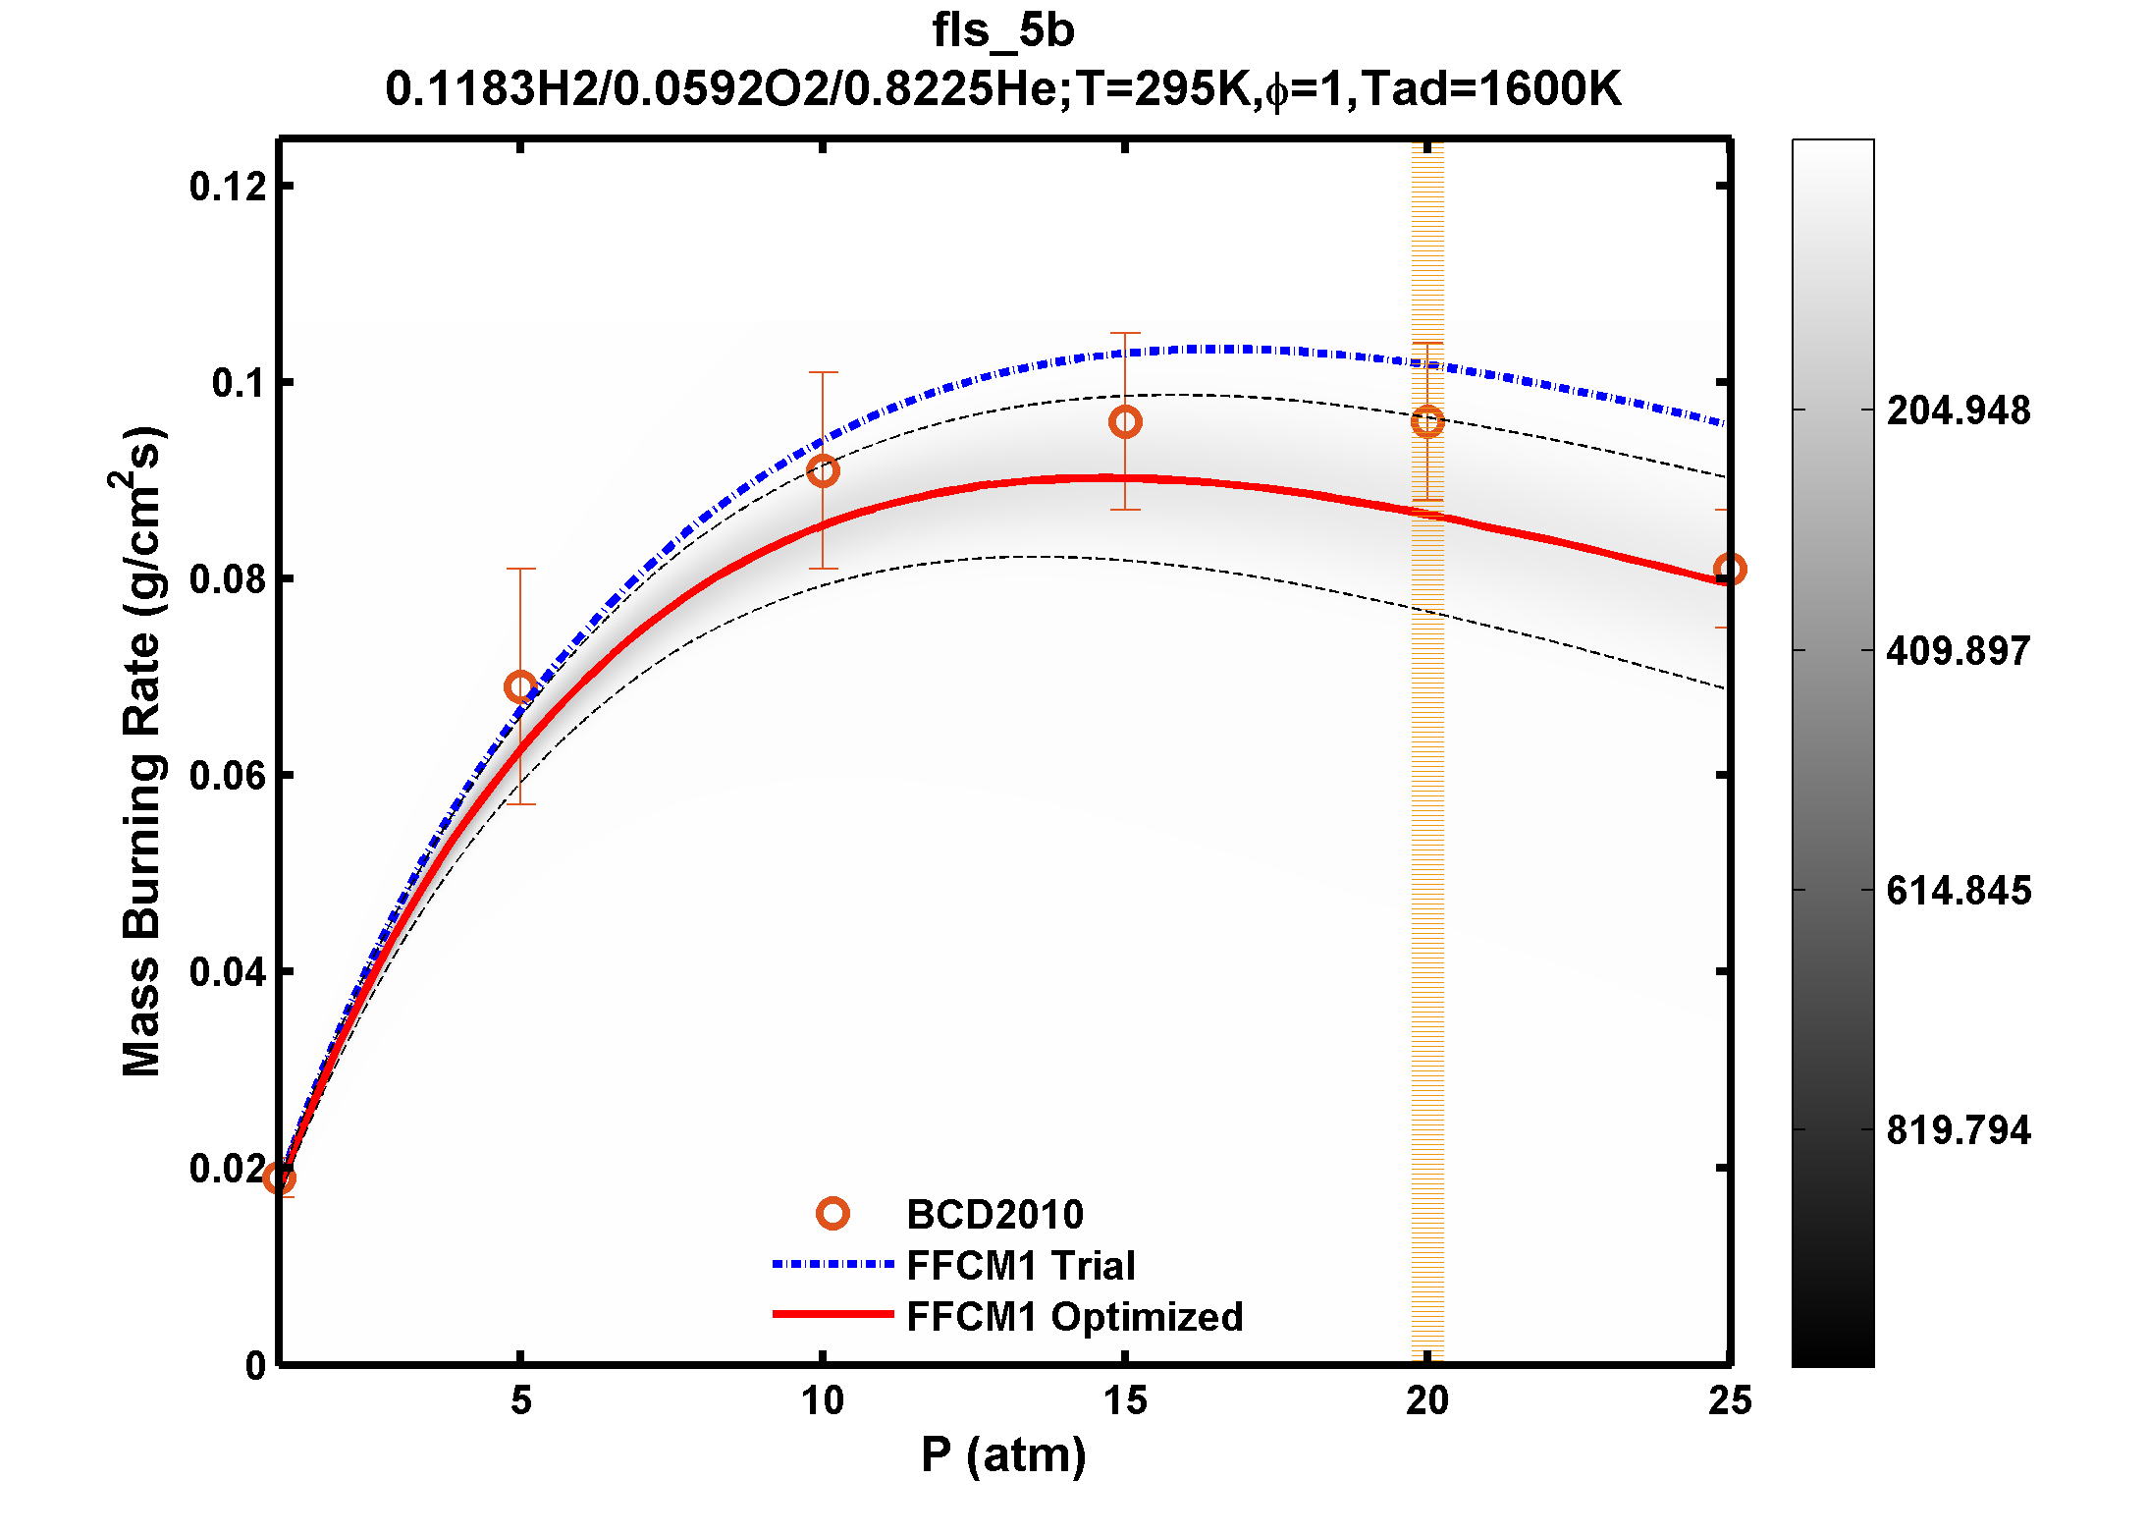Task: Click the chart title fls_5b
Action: pyautogui.click(x=1002, y=31)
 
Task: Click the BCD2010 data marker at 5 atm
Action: pyautogui.click(x=520, y=686)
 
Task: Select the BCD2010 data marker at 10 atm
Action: pyautogui.click(x=823, y=470)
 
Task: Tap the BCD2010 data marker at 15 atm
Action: pyautogui.click(x=1125, y=422)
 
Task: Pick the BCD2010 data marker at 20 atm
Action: pyautogui.click(x=1427, y=422)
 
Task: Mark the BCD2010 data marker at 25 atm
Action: pyautogui.click(x=1729, y=569)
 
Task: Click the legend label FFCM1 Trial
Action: pyautogui.click(x=1020, y=1266)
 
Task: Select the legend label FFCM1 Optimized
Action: pyautogui.click(x=1074, y=1317)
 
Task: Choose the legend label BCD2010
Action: pyautogui.click(x=994, y=1215)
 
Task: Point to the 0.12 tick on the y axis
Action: pyautogui.click(x=228, y=187)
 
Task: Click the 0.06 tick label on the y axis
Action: pyautogui.click(x=228, y=776)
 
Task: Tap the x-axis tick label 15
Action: pyautogui.click(x=1125, y=1400)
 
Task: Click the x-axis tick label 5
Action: pyautogui.click(x=520, y=1400)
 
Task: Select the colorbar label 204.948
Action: pyautogui.click(x=1958, y=411)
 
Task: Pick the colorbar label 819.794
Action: pyautogui.click(x=1958, y=1130)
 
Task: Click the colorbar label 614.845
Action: pyautogui.click(x=1958, y=891)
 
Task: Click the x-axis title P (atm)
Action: pyautogui.click(x=1002, y=1454)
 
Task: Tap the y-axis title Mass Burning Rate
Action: pyautogui.click(x=142, y=751)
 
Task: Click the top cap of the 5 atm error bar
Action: pyautogui.click(x=520, y=569)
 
